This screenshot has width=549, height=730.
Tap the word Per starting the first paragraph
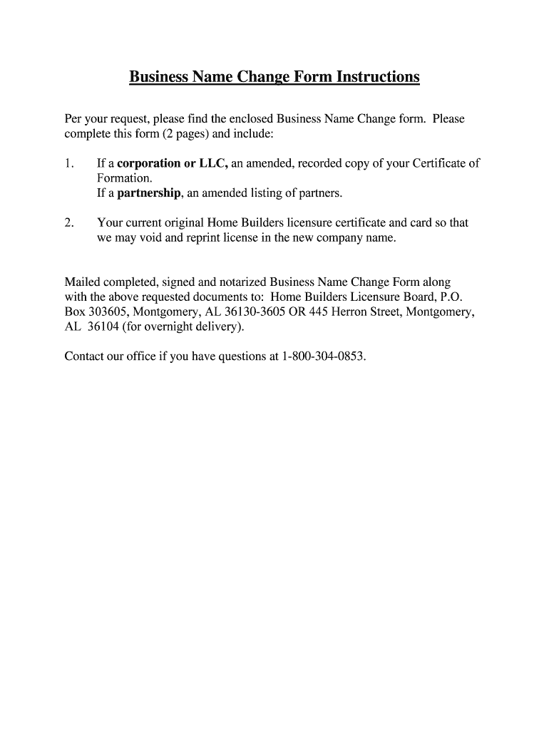click(x=74, y=118)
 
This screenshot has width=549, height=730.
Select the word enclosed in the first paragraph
click(x=251, y=118)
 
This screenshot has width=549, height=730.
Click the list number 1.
click(x=68, y=163)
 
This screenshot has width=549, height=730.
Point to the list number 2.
click(x=68, y=222)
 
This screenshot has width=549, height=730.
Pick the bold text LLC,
click(x=213, y=163)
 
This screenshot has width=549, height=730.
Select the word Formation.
click(x=123, y=178)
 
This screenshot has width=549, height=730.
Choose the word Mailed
click(x=83, y=282)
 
